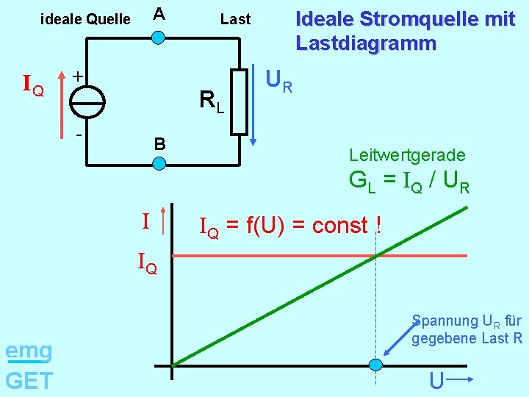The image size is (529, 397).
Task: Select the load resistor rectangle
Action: click(x=240, y=101)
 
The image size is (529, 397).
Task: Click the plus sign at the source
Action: click(x=76, y=76)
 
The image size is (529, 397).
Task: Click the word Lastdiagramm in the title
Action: click(x=366, y=43)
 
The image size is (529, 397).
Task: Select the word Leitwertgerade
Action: click(x=407, y=155)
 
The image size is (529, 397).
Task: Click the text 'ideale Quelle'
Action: click(x=85, y=19)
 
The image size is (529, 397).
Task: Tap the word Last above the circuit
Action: click(x=235, y=19)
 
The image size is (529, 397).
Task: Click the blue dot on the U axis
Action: click(x=375, y=365)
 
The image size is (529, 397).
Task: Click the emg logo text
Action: click(x=29, y=351)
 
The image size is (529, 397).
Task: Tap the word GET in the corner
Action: click(x=29, y=380)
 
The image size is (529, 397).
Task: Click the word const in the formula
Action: click(x=339, y=226)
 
